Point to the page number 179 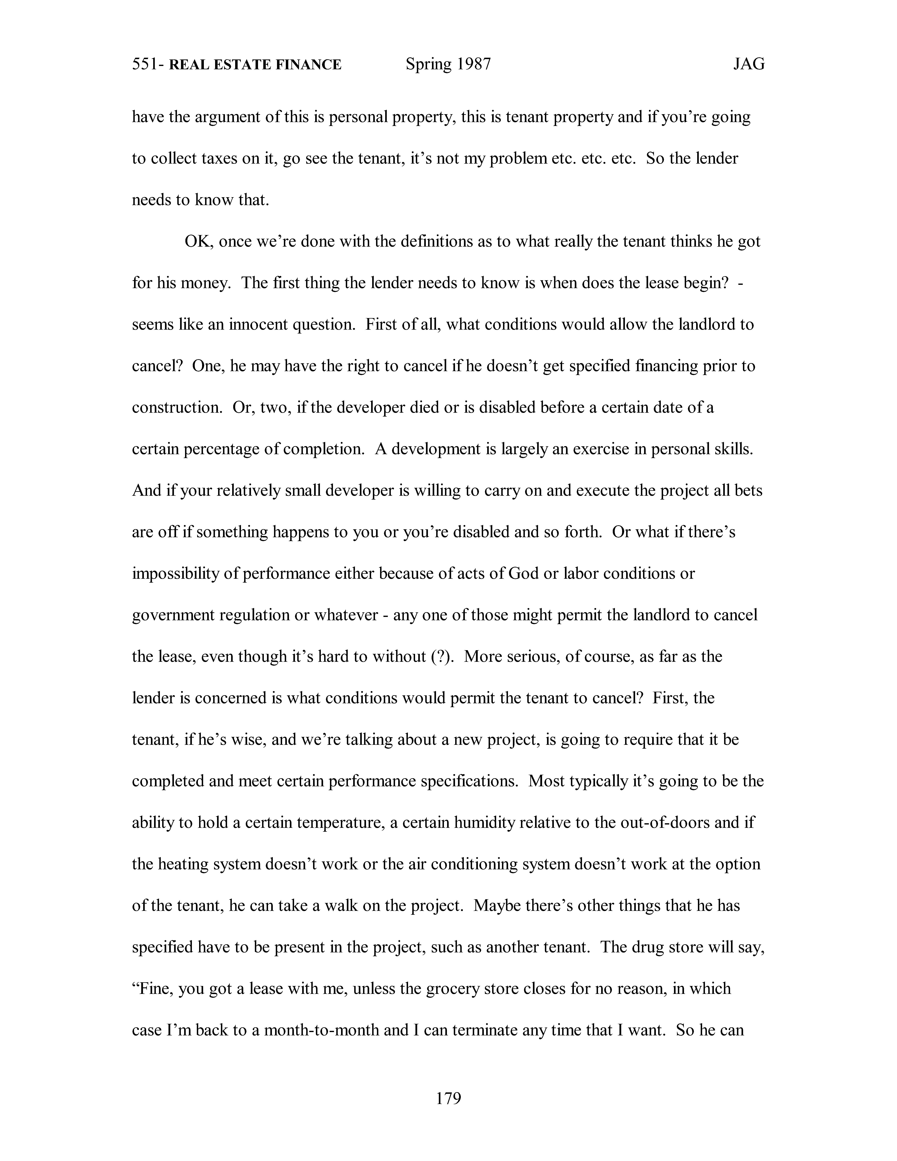448,1098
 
